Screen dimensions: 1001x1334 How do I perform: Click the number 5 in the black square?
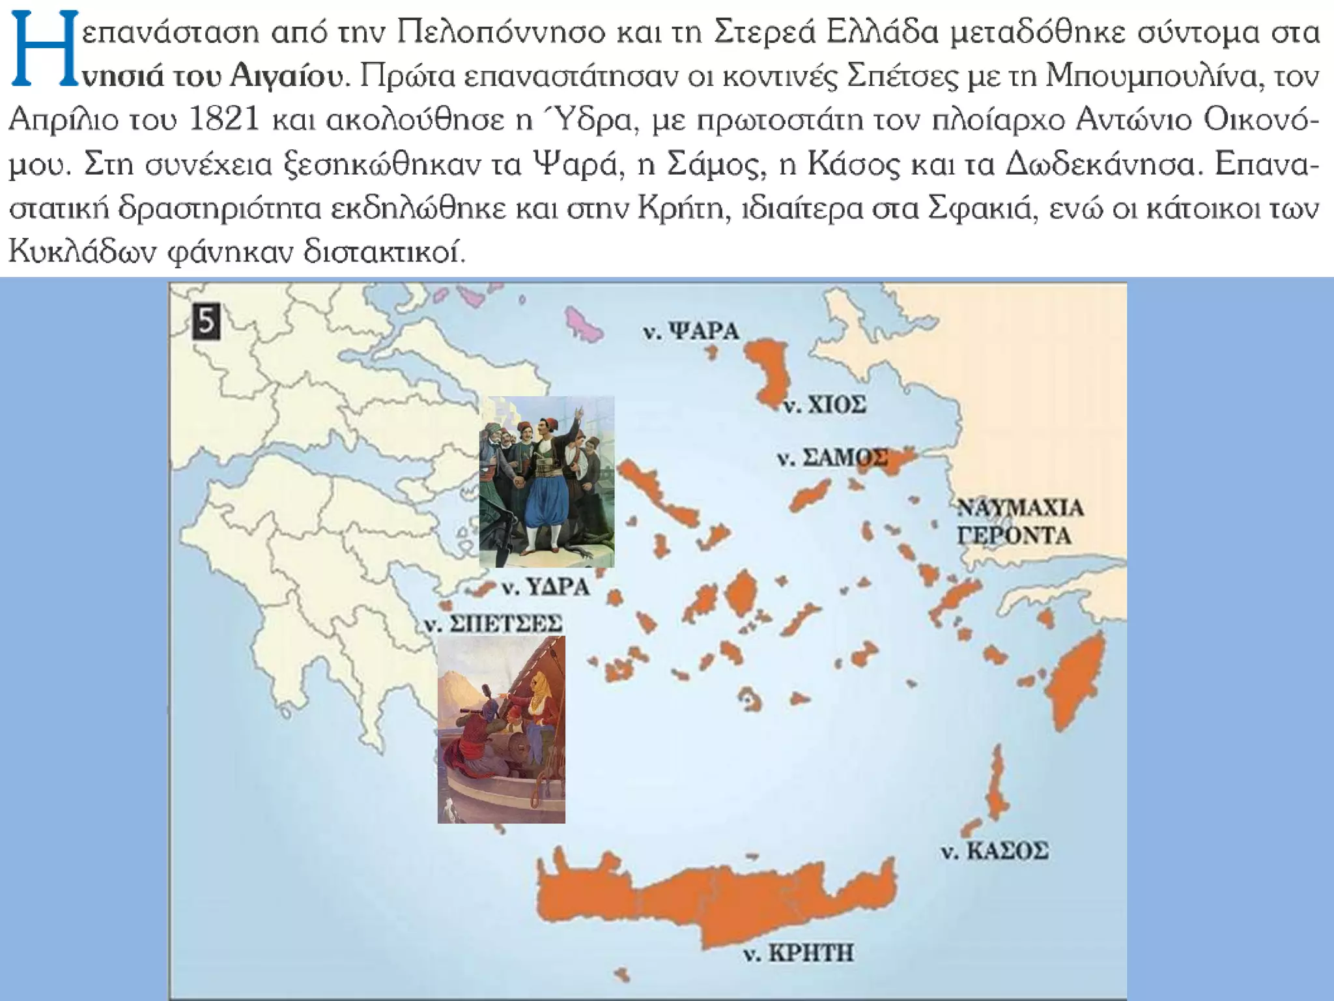206,323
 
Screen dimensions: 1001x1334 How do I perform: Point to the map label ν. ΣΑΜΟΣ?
832,458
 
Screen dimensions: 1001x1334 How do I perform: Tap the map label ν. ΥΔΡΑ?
546,588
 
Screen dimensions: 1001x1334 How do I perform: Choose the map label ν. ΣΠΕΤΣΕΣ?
493,624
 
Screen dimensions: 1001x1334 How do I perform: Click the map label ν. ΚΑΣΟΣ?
995,850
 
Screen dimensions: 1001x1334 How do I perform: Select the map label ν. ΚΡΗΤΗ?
799,953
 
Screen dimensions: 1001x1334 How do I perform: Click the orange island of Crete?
717,906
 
